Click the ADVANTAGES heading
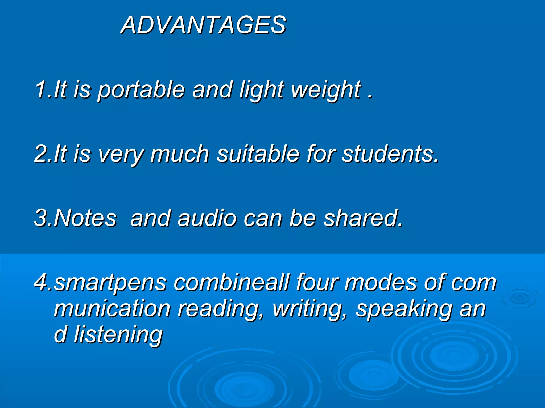click(x=204, y=25)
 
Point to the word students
click(x=390, y=154)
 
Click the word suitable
click(x=258, y=154)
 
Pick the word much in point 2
click(x=180, y=154)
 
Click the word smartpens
click(x=110, y=283)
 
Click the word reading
click(x=221, y=309)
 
